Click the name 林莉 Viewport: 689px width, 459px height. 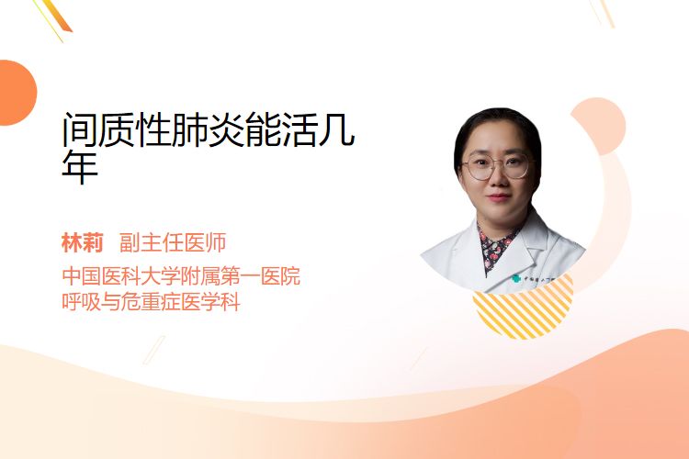click(x=82, y=243)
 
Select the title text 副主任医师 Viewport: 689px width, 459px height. click(x=173, y=243)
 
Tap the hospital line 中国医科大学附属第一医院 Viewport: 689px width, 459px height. click(x=181, y=275)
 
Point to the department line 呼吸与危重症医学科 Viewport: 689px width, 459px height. click(x=151, y=302)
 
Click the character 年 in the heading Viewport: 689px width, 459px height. click(x=80, y=167)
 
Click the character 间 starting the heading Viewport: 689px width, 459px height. click(x=80, y=129)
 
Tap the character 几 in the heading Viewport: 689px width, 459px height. click(x=337, y=129)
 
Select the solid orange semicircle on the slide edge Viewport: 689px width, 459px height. click(x=17, y=93)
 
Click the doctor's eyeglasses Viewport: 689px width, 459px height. click(x=495, y=166)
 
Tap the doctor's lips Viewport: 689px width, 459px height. click(x=498, y=197)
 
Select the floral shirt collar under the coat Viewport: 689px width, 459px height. click(x=496, y=249)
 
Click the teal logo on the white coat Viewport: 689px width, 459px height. click(x=516, y=278)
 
